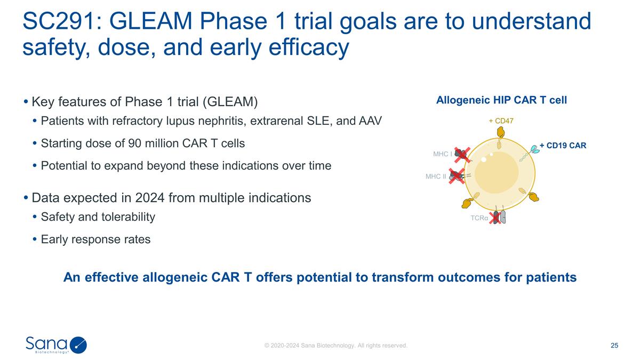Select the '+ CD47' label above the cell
(501, 121)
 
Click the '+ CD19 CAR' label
(563, 145)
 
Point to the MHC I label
(443, 154)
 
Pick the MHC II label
(436, 176)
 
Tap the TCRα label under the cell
(479, 218)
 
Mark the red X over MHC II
(456, 175)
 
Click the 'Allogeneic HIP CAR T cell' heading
(501, 100)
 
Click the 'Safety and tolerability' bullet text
(98, 217)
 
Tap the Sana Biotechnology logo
(56, 345)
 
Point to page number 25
(614, 346)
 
